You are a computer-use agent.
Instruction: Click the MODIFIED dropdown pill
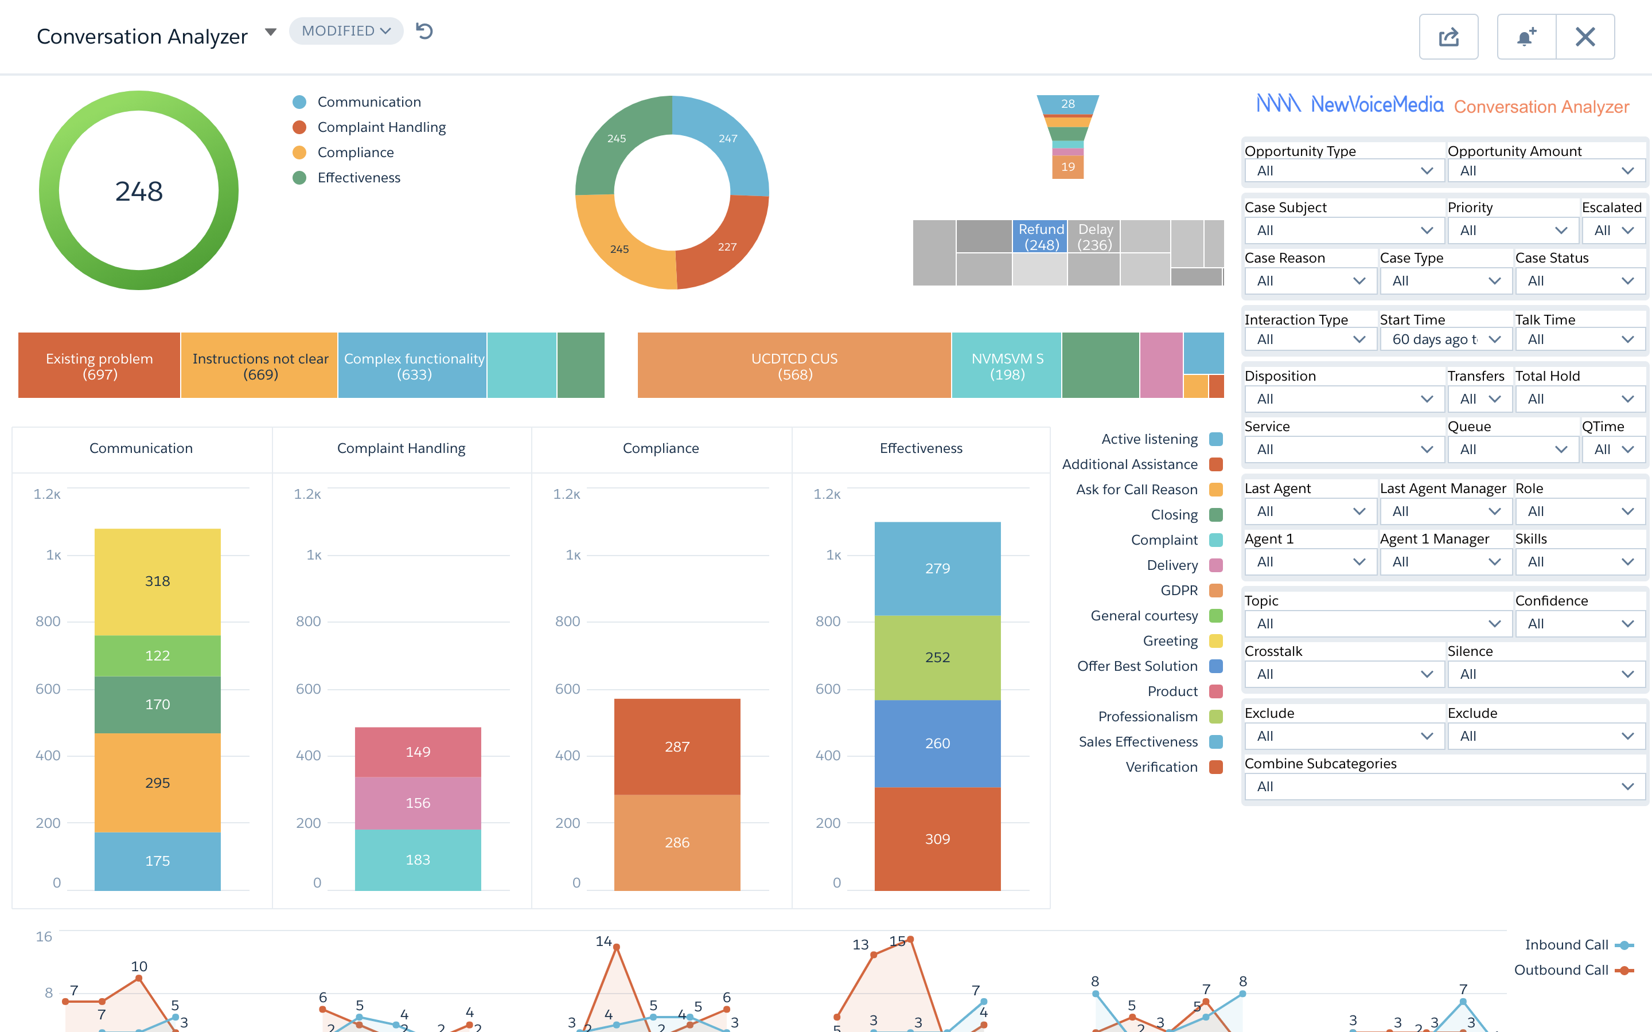pos(345,31)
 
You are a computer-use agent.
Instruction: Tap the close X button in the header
pos(1584,37)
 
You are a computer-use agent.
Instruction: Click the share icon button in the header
pos(1448,37)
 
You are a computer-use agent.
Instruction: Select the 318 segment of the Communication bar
pos(157,581)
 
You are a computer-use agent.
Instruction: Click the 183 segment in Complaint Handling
pos(417,859)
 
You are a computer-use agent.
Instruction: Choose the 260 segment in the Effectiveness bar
pos(937,742)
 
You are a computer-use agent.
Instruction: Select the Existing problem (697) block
pos(99,366)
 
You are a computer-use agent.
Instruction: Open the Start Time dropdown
pos(1445,339)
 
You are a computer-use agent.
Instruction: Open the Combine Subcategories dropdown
pos(1444,786)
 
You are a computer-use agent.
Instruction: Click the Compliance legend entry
pos(355,152)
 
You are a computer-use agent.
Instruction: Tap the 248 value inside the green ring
pos(139,191)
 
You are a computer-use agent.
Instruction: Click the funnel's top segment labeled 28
pos(1067,104)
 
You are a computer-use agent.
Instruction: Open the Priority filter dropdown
pos(1512,230)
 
